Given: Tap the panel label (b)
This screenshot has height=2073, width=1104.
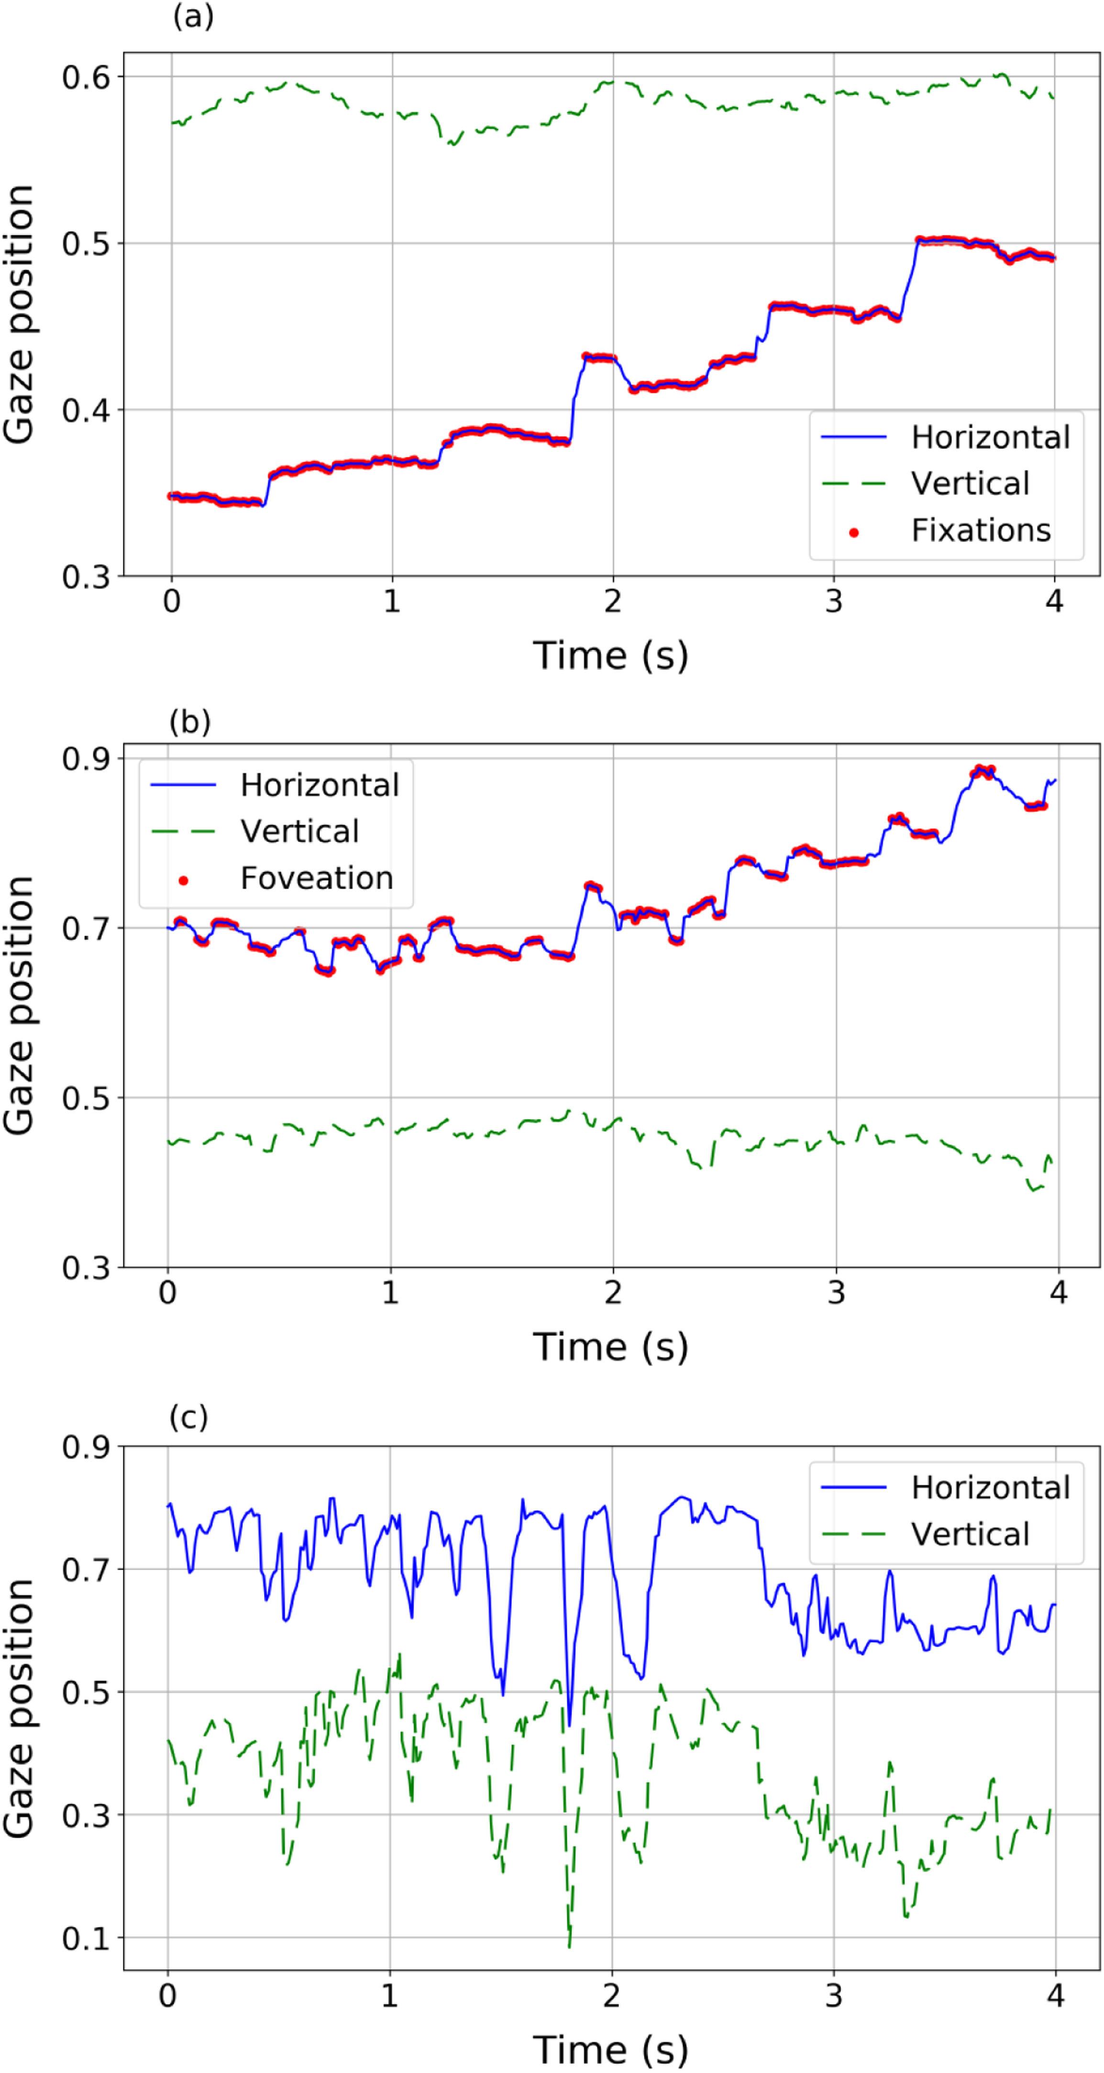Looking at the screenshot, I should [190, 722].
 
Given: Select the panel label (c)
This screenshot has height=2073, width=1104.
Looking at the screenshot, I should [188, 1417].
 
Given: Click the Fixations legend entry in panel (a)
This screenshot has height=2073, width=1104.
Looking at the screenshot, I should [980, 530].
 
